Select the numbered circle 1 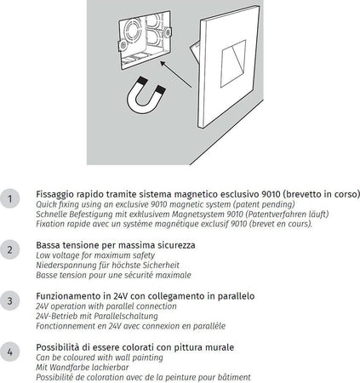9,198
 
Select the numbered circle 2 9,250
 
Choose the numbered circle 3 9,300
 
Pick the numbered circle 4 9,351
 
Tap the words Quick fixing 57,203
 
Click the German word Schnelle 53,214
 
